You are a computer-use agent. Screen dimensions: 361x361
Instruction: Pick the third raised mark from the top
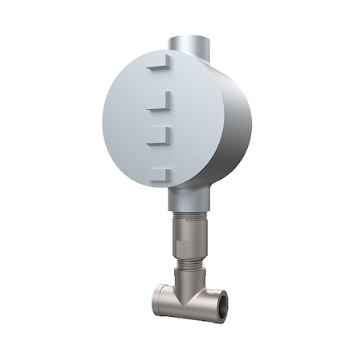point(160,136)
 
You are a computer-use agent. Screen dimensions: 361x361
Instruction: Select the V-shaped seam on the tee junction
point(185,295)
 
